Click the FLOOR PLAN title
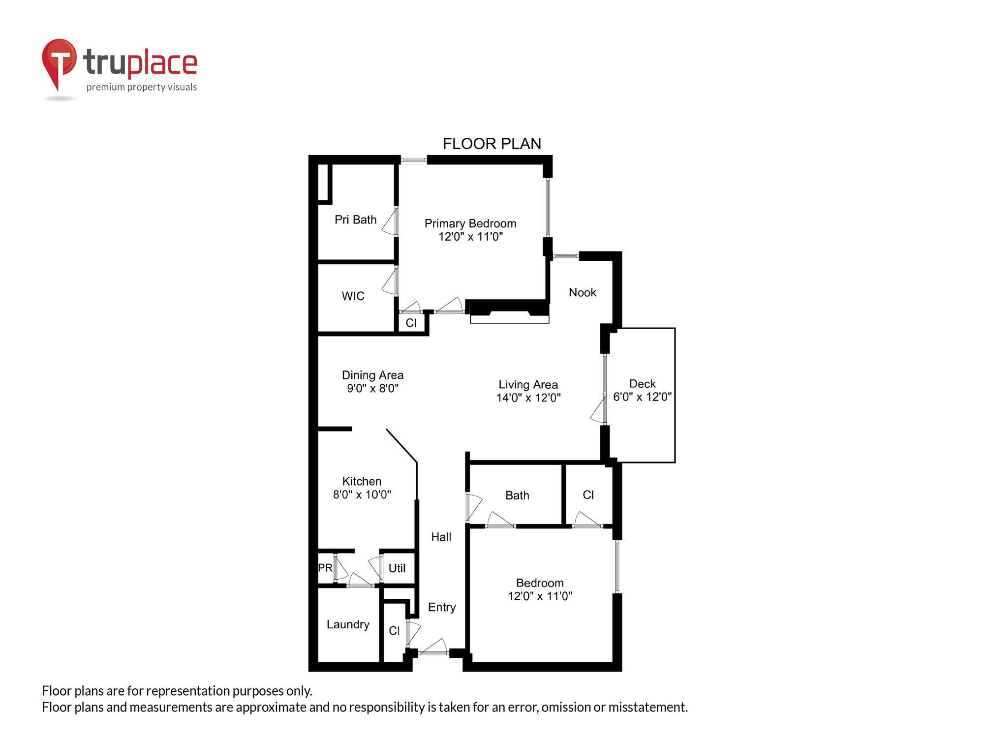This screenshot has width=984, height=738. click(x=492, y=144)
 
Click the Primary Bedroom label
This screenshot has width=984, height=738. click(x=470, y=223)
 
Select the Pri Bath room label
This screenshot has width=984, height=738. click(x=355, y=219)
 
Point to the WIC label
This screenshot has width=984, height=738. click(x=353, y=296)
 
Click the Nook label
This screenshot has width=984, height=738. click(x=582, y=292)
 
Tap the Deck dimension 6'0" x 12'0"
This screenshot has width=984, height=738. click(x=642, y=397)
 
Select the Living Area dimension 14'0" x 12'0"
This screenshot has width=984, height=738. click(x=528, y=398)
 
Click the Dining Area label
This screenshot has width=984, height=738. click(x=372, y=375)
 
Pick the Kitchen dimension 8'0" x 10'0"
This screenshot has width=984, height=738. click(x=362, y=494)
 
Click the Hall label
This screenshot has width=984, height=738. click(x=441, y=537)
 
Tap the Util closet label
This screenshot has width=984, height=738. click(x=397, y=568)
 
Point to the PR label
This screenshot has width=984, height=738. click(x=325, y=567)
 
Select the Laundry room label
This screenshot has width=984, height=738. click(x=348, y=624)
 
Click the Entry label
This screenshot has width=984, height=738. click(x=441, y=607)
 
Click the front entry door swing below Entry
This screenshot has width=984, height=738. click(x=435, y=646)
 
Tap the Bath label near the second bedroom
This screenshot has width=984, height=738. click(x=517, y=495)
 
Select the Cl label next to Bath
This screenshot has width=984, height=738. click(x=588, y=494)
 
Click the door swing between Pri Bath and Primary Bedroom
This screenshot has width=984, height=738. click(x=390, y=222)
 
